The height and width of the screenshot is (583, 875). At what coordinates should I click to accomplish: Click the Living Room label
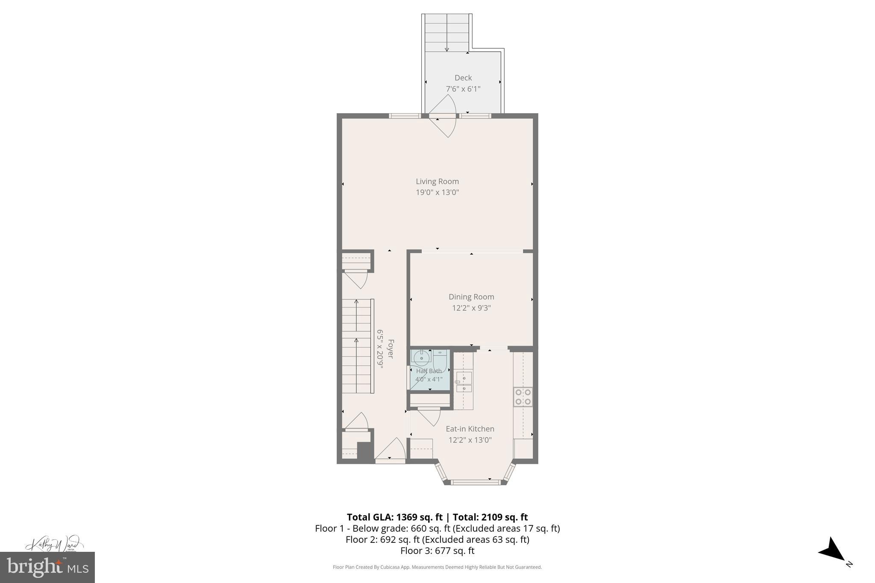(x=437, y=182)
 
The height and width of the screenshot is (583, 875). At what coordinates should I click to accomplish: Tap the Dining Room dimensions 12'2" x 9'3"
(x=471, y=308)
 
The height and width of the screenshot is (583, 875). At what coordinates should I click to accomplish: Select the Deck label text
(x=463, y=78)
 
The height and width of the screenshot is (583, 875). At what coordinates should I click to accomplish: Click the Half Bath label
(x=429, y=371)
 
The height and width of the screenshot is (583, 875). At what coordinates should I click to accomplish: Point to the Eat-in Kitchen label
(x=470, y=429)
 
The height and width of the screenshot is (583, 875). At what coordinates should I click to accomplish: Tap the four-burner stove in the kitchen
(x=523, y=397)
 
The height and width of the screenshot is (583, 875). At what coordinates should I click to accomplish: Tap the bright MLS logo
(x=47, y=567)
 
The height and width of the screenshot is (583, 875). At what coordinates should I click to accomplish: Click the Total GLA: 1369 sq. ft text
(x=394, y=517)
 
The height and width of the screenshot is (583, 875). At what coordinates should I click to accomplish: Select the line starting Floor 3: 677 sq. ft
(x=437, y=551)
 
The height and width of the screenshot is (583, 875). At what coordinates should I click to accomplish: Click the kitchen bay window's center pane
(x=475, y=482)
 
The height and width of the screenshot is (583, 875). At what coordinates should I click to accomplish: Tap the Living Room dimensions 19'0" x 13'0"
(x=437, y=193)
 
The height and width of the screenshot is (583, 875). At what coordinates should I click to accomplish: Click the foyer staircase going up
(x=356, y=346)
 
